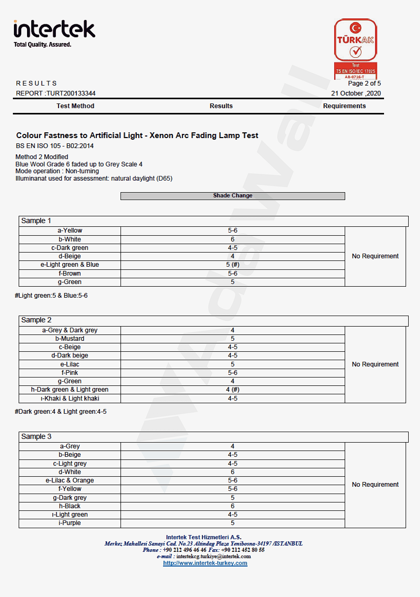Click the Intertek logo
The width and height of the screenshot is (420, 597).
(54, 33)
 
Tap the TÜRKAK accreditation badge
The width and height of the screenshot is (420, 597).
(355, 49)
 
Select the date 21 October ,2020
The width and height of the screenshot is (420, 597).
(356, 93)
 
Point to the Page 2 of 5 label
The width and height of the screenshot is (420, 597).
(364, 83)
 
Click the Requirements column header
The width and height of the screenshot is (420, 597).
(344, 106)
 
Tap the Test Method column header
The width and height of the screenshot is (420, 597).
(75, 106)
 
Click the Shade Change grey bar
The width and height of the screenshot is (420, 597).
(233, 196)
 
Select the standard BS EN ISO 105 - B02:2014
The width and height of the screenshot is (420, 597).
(55, 146)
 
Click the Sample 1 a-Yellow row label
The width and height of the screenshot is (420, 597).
(70, 231)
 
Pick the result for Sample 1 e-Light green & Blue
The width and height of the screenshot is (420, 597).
(233, 265)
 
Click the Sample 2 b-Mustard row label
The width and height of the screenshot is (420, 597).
(70, 339)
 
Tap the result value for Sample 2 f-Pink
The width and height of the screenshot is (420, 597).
(233, 373)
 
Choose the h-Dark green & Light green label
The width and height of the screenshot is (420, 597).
(70, 390)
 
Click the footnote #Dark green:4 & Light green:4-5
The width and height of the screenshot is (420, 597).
(61, 412)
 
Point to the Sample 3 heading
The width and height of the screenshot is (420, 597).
(36, 437)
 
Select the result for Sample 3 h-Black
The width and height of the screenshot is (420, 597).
(233, 506)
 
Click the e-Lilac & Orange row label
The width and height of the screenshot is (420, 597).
(70, 480)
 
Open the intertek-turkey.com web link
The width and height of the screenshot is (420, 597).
(205, 563)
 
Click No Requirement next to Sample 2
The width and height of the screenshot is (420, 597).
(375, 364)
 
